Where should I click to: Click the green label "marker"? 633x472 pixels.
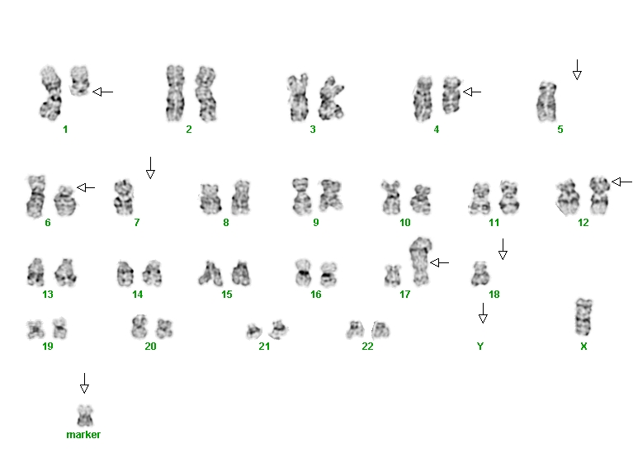pos(83,434)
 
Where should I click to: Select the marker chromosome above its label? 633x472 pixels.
pos(85,415)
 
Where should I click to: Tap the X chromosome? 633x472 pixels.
pos(583,317)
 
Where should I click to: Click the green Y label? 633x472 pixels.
pos(480,346)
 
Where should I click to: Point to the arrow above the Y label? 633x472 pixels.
pos(483,314)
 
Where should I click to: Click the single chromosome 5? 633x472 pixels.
pos(546,101)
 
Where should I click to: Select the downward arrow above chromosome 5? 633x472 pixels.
pos(577,70)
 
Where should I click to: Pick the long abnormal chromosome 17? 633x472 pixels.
pos(421,262)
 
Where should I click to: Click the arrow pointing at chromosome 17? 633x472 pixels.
pos(440,263)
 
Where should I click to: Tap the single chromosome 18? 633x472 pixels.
pos(480,274)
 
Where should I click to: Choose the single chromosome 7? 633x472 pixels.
pos(124,197)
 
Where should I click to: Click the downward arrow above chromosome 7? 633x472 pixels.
pos(150,168)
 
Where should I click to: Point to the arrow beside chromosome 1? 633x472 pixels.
pos(103,92)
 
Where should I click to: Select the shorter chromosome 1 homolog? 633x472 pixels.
pos(79,81)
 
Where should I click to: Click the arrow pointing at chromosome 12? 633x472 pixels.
pos(621,182)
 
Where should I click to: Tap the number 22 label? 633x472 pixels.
pos(367,346)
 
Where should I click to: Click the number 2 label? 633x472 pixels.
pos(189,130)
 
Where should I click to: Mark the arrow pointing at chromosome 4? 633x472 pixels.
pos(472,92)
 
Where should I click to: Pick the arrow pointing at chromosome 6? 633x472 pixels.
pos(86,187)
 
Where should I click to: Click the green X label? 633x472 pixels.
pos(583,346)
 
